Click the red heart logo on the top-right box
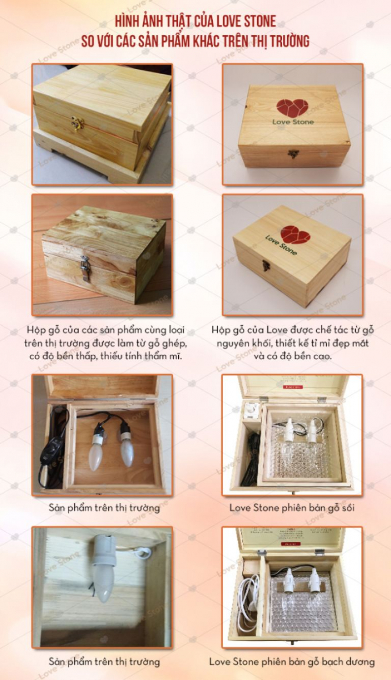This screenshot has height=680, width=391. click(292, 108)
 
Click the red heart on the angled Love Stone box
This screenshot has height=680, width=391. click(295, 234)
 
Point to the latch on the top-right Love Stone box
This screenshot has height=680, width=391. click(293, 154)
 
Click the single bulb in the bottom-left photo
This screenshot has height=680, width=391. click(104, 572)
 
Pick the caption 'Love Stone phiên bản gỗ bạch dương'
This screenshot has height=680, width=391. click(292, 661)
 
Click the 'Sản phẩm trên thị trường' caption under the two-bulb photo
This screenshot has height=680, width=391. click(104, 508)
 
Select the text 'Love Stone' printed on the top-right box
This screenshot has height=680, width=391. click(292, 122)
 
